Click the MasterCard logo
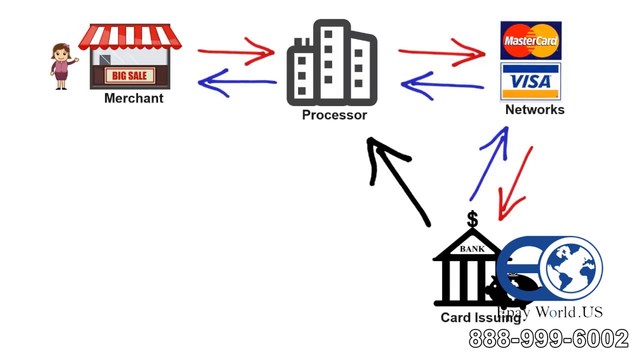pyautogui.click(x=530, y=40)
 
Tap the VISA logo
pyautogui.click(x=530, y=81)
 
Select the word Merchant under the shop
pyautogui.click(x=133, y=98)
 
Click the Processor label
pyautogui.click(x=334, y=115)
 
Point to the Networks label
pyautogui.click(x=534, y=110)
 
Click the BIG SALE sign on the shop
pyautogui.click(x=129, y=76)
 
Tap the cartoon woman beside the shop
pyautogui.click(x=62, y=66)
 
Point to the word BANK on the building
pyautogui.click(x=472, y=248)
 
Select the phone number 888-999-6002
pyautogui.click(x=548, y=339)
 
